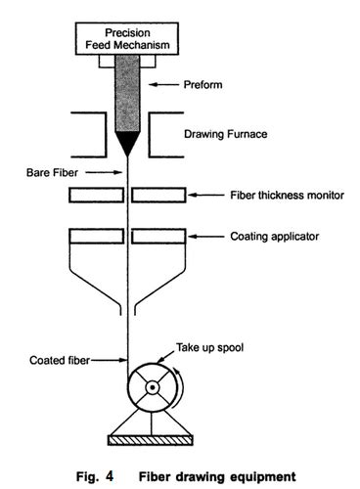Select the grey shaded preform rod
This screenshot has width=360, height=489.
click(128, 93)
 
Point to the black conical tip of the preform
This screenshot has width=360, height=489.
click(128, 144)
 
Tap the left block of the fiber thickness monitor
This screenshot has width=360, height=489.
click(96, 196)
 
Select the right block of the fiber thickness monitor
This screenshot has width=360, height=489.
click(160, 196)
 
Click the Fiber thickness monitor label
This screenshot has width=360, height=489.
click(286, 196)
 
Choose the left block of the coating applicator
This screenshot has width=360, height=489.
click(96, 236)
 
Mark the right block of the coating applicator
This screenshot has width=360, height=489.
click(160, 236)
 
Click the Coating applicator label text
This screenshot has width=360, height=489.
click(274, 236)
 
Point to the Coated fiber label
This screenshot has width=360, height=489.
click(58, 361)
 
